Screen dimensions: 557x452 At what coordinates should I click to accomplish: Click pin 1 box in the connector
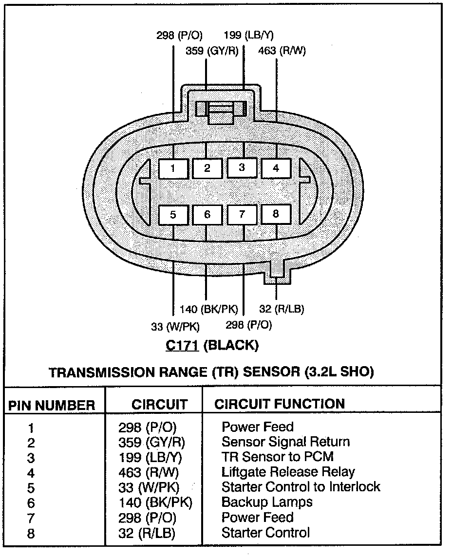[173, 169]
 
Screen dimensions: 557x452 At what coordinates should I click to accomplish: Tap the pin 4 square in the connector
[276, 168]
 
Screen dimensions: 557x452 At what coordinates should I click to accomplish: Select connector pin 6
[207, 214]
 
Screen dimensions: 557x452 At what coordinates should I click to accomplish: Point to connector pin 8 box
[276, 214]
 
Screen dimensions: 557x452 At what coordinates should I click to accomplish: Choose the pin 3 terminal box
[242, 168]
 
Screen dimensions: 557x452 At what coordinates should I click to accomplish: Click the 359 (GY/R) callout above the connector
[212, 51]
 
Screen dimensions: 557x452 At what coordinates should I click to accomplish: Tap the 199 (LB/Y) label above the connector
[249, 35]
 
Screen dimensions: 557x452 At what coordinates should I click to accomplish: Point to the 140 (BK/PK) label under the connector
[209, 309]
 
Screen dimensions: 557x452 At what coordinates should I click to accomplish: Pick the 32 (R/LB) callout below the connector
[282, 309]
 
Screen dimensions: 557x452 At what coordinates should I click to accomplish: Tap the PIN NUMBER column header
[51, 405]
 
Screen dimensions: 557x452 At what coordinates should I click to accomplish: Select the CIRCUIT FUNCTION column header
[280, 404]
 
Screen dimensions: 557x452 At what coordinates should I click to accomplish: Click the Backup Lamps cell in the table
[267, 502]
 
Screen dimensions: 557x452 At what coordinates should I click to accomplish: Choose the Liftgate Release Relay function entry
[288, 472]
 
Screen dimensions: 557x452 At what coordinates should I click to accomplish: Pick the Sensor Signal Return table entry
[285, 442]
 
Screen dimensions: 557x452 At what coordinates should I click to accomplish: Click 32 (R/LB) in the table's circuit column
[147, 533]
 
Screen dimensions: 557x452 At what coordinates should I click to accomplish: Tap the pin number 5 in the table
[31, 488]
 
